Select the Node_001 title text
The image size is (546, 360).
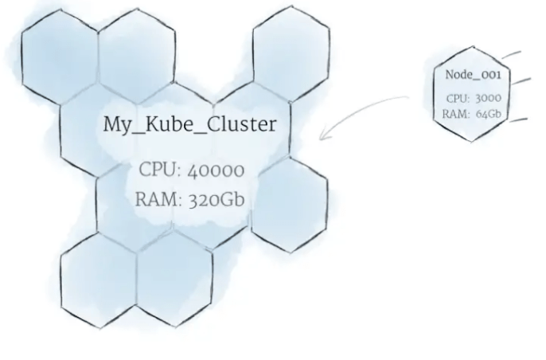tap(473, 75)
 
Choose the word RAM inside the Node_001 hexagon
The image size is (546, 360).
tap(454, 113)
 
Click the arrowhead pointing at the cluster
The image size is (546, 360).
tap(322, 137)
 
